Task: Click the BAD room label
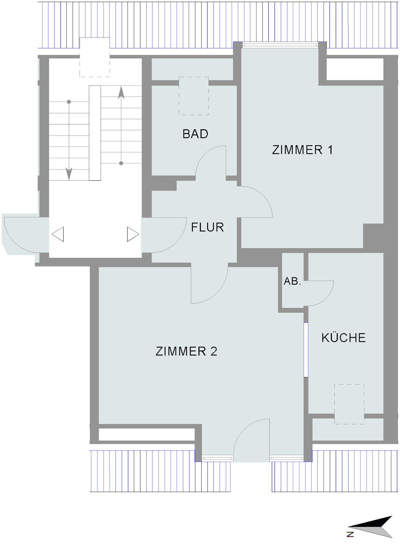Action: [x=195, y=134]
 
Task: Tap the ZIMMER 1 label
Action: [x=302, y=150]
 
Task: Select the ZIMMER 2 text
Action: [x=186, y=351]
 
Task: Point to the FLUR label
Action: [x=207, y=227]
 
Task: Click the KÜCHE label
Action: [x=344, y=337]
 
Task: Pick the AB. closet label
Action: [x=292, y=281]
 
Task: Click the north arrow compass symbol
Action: [x=370, y=527]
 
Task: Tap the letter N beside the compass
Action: [x=350, y=534]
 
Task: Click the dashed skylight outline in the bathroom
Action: [x=194, y=96]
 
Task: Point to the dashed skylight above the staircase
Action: [x=95, y=57]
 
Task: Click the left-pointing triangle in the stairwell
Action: [x=58, y=234]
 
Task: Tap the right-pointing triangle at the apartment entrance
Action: [x=133, y=234]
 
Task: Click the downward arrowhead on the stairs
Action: [x=69, y=174]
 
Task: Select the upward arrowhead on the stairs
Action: [x=121, y=92]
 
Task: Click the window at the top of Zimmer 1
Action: [x=280, y=45]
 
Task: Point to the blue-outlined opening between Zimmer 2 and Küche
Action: [x=306, y=350]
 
